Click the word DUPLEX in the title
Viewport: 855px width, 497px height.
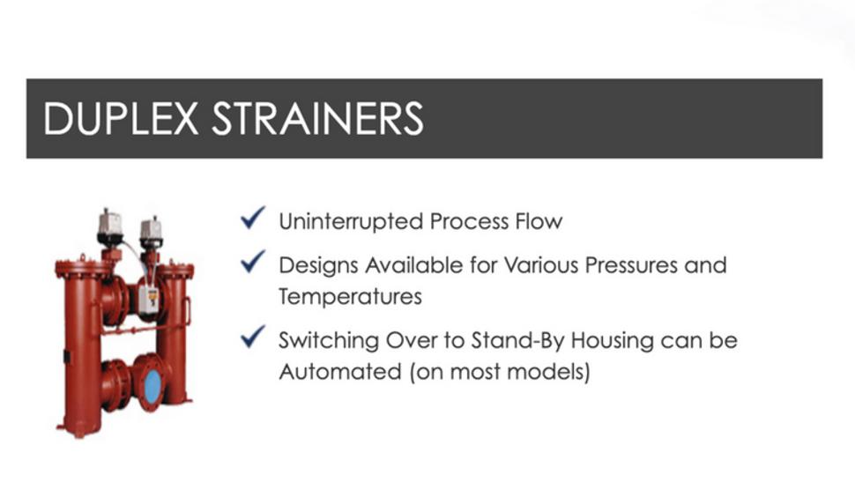(121, 118)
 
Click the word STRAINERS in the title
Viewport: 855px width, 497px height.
(317, 118)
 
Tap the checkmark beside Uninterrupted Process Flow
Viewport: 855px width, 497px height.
(253, 218)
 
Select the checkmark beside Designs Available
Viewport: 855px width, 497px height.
(253, 262)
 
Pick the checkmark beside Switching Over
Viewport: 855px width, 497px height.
(253, 337)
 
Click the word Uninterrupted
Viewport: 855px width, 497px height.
(351, 222)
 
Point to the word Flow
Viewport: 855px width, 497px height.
(538, 221)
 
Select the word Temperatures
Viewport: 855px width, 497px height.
(350, 297)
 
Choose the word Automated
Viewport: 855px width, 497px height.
(340, 372)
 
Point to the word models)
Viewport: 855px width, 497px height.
(548, 372)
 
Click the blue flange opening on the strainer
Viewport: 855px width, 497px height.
(152, 386)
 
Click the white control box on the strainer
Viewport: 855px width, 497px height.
(148, 300)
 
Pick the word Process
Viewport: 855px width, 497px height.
(468, 221)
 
